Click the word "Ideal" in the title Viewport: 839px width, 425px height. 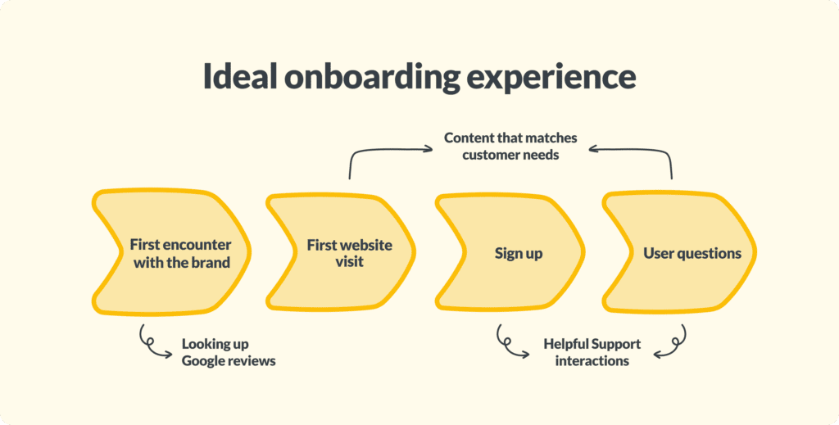(x=240, y=77)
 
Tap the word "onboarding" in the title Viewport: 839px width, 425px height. (x=372, y=79)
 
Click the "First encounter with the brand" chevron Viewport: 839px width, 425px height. (x=171, y=251)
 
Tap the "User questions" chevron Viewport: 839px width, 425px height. (x=679, y=252)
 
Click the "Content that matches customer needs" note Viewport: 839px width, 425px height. (x=510, y=147)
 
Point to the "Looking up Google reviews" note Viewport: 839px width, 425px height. (x=229, y=352)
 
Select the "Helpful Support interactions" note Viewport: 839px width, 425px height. (x=592, y=352)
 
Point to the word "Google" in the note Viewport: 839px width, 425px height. (x=202, y=361)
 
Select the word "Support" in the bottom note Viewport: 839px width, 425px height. (x=616, y=344)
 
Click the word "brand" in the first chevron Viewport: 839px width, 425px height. (x=211, y=263)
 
